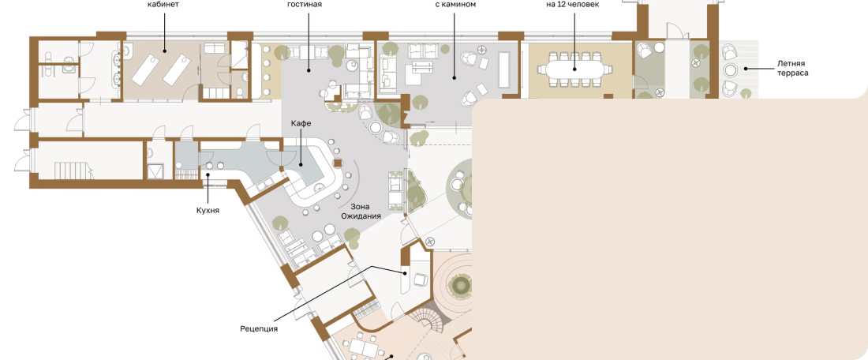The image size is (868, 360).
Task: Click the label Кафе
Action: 301,123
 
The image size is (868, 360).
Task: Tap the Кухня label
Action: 208,211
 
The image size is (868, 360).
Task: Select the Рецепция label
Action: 259,329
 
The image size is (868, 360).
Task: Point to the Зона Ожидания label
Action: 361,212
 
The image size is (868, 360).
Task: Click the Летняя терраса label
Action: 792,68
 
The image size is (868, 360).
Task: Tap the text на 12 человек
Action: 572,5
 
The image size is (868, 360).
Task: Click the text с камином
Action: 455,5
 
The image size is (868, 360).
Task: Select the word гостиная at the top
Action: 305,5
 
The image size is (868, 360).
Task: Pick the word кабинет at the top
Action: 163,5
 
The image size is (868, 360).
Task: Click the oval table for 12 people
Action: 574,69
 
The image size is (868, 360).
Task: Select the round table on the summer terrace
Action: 731,70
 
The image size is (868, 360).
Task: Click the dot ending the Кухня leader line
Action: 208,175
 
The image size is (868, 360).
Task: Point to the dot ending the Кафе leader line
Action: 301,164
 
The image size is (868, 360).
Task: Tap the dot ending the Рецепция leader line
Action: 406,273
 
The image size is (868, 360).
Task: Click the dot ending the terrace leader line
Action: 746,69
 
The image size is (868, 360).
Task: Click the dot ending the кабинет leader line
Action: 164,51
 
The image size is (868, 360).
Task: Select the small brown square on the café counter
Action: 338,163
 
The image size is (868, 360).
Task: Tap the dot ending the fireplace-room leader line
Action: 455,77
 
